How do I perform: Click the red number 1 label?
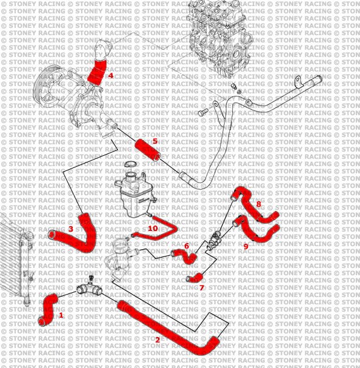click(x=61, y=315)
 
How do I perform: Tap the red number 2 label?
click(x=158, y=340)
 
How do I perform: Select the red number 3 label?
click(x=71, y=229)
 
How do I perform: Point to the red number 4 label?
click(x=110, y=76)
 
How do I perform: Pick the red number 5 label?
click(x=155, y=141)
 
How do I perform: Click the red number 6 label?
click(x=187, y=246)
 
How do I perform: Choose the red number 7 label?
click(x=202, y=288)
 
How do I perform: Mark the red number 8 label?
click(x=259, y=204)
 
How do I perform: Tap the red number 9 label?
click(x=246, y=246)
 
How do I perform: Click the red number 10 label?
click(x=153, y=228)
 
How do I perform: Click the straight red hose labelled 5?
click(x=148, y=150)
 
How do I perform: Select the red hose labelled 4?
click(x=97, y=72)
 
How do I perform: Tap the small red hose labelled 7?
click(x=195, y=278)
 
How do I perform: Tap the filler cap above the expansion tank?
click(x=130, y=164)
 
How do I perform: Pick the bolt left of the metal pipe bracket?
click(x=203, y=112)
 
